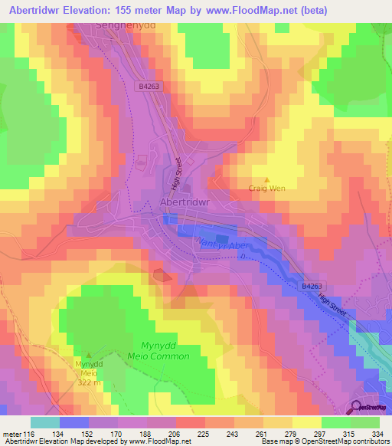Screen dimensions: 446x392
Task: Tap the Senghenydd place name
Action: [126, 25]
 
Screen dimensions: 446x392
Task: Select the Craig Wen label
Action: [266, 187]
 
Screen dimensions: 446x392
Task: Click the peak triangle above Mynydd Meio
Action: [87, 355]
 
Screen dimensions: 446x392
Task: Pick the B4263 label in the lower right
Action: [311, 284]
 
